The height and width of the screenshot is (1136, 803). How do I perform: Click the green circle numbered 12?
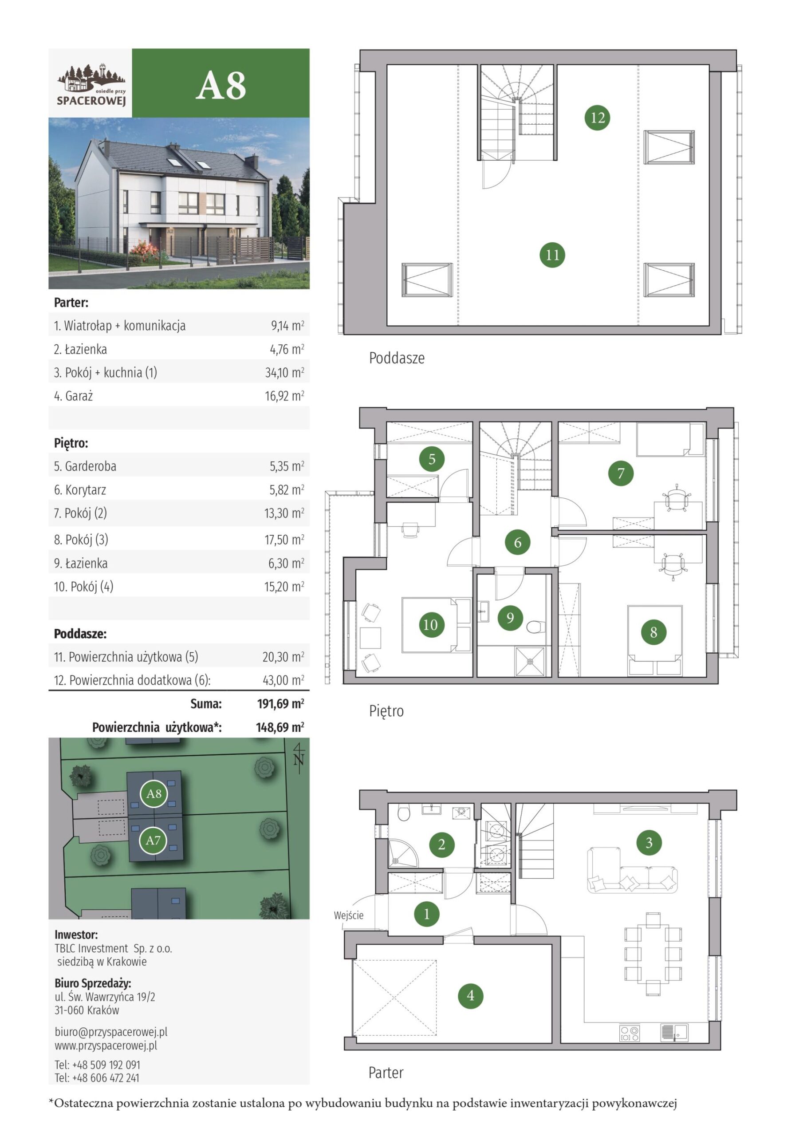pos(597,118)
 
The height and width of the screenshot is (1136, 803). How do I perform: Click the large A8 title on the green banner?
pos(221,85)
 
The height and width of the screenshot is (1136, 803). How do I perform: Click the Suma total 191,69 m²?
pos(280,704)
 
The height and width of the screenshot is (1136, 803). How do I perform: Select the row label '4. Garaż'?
pos(73,396)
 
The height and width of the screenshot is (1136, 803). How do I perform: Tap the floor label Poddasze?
pos(397,358)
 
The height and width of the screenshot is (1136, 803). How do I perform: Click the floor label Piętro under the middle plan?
pos(386,711)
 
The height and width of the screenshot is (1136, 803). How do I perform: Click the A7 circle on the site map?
pos(153,840)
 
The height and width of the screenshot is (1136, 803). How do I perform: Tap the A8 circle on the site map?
pos(154,793)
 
